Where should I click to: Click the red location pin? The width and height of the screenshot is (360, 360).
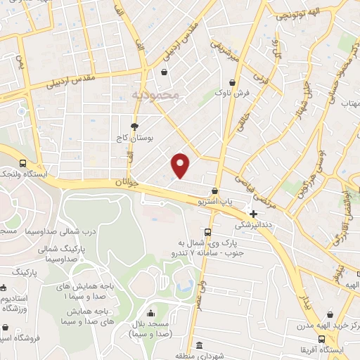tap(181, 165)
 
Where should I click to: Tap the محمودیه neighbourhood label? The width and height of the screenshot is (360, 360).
tap(155, 94)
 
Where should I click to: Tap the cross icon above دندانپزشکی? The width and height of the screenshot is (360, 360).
tap(253, 213)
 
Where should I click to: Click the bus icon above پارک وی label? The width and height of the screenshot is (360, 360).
tap(207, 232)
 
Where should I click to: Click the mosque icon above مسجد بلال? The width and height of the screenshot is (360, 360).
tap(150, 314)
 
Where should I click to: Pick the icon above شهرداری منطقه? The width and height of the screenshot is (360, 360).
tap(200, 346)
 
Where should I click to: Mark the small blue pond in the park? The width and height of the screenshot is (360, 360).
tap(186, 287)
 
